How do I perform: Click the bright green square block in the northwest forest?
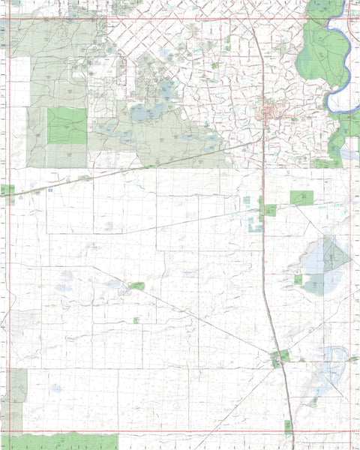[67, 125]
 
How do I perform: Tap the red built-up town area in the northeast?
[269, 114]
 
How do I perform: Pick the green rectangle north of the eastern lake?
[302, 198]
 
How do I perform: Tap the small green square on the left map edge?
[7, 190]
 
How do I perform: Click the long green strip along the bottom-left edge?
[60, 441]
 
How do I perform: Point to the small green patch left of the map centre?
[136, 286]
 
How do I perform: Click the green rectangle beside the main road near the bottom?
[287, 425]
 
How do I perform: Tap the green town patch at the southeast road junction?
[279, 358]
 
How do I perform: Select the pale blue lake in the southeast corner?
[332, 352]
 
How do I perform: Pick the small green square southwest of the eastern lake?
[298, 280]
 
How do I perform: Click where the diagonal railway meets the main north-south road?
[263, 139]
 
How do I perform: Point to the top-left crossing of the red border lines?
[7, 18]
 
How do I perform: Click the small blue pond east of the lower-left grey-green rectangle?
[55, 388]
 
